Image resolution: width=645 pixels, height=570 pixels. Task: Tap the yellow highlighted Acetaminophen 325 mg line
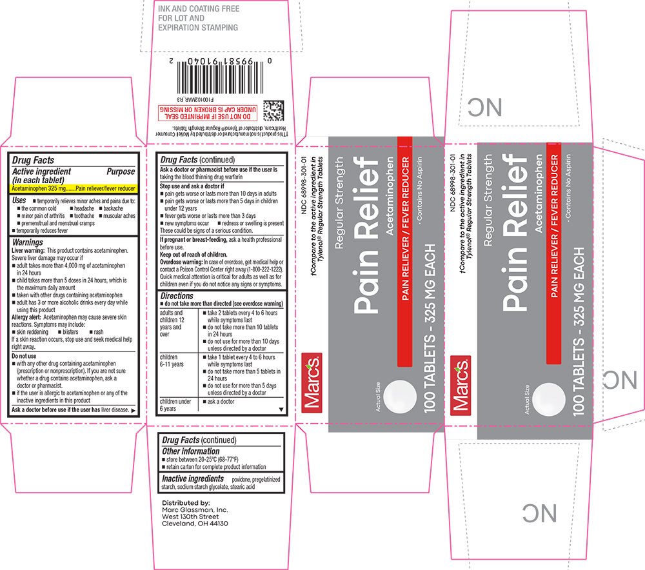(74, 188)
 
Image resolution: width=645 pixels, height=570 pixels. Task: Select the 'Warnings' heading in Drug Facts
(28, 242)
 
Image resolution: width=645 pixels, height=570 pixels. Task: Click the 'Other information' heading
(191, 451)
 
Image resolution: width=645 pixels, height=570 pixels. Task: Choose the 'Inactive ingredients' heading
(193, 479)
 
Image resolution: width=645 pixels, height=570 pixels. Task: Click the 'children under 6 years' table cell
(175, 404)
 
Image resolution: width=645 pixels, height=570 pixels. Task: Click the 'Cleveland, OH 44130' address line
(194, 524)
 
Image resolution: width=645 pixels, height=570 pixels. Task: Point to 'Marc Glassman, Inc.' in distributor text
(195, 509)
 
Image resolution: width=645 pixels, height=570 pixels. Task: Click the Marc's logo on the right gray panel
(461, 384)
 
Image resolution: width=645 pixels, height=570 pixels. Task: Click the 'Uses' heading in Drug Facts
(20, 201)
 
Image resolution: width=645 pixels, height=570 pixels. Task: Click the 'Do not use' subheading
(25, 356)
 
